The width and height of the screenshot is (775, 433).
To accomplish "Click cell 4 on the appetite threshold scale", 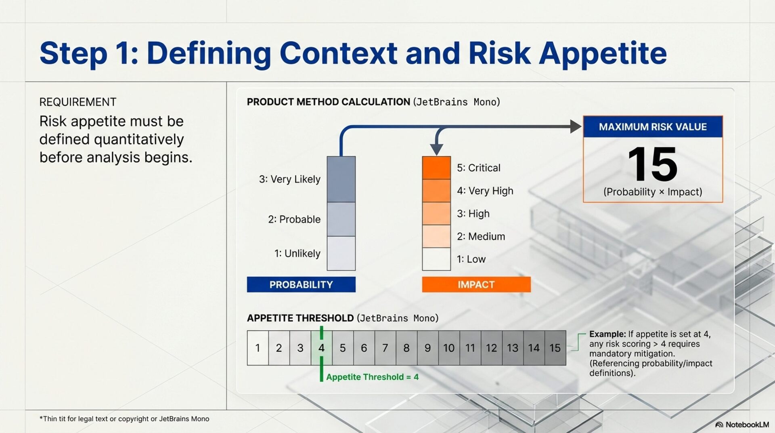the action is [321, 348].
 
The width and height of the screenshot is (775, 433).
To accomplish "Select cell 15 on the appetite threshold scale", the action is [555, 348].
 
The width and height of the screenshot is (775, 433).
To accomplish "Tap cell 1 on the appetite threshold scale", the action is [258, 348].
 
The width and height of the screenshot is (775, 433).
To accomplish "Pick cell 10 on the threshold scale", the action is [449, 348].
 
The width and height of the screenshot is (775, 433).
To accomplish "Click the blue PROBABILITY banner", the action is [301, 284].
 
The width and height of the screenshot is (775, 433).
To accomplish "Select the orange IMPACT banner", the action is [476, 284].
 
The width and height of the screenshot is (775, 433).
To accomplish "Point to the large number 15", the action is [653, 164].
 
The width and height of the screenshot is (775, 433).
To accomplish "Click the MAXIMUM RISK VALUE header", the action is [653, 127].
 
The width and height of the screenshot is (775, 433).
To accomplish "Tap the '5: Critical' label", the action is [479, 168].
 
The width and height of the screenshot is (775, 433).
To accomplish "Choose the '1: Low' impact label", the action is [471, 259].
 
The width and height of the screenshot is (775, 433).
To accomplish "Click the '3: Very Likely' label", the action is [290, 179].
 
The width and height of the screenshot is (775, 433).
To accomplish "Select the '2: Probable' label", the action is [294, 219].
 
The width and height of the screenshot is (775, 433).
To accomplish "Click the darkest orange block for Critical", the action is [436, 168].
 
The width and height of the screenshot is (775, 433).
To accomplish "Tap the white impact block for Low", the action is [436, 259].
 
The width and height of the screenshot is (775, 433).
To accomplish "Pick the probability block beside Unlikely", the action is [341, 253].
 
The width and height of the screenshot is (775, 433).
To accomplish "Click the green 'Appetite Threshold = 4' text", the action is [372, 377].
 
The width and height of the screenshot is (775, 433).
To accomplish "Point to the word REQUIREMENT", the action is [78, 102].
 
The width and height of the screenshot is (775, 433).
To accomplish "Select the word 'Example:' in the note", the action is [607, 334].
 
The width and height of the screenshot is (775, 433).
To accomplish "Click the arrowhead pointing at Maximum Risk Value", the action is [575, 126].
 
